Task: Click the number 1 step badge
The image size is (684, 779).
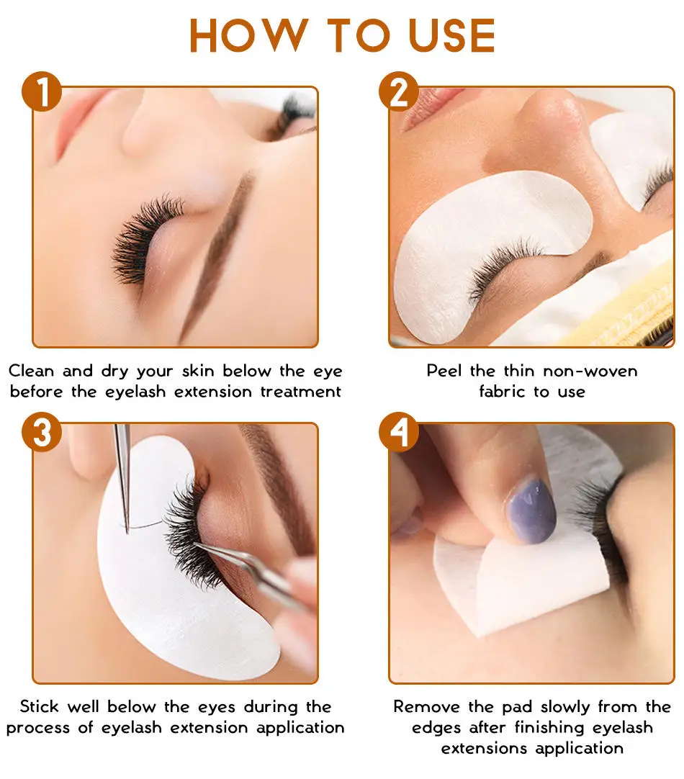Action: click(x=42, y=92)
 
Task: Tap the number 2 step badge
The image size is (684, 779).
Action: click(x=399, y=92)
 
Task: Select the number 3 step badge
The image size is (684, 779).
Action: click(x=42, y=431)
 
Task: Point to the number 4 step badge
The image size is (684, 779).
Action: click(x=399, y=431)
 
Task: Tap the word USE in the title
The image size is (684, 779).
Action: click(x=451, y=35)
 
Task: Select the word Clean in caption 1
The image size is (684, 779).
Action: click(x=31, y=371)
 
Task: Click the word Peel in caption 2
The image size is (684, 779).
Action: click(x=444, y=371)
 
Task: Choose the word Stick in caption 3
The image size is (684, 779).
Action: click(x=39, y=706)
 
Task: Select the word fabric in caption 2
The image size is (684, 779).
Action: click(x=502, y=392)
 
